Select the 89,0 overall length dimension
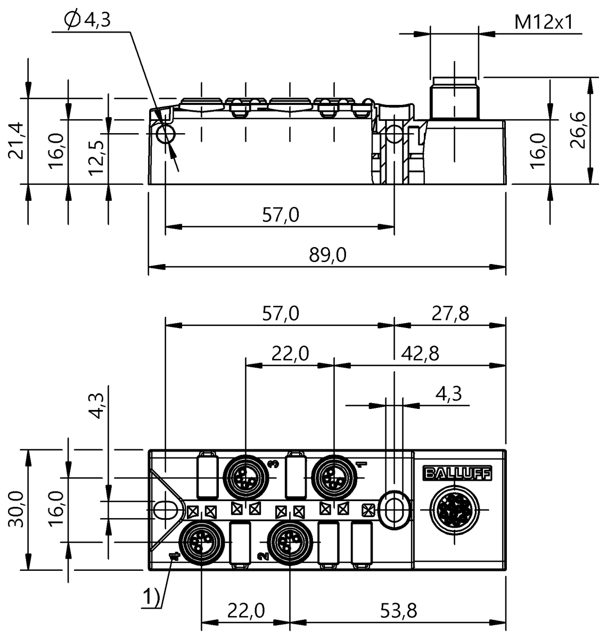[x=327, y=255]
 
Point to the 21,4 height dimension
[x=17, y=141]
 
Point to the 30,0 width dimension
[x=17, y=509]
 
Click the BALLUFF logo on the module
[x=457, y=473]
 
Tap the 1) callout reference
[x=151, y=599]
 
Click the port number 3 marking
[x=274, y=464]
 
